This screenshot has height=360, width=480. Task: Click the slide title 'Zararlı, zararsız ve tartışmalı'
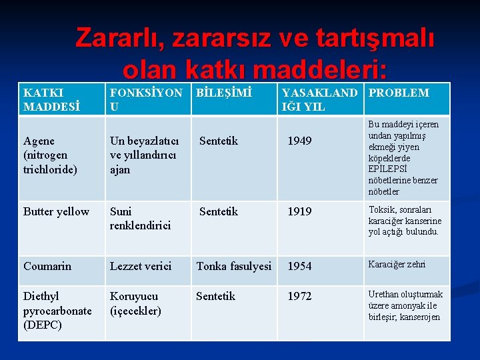tap(255, 38)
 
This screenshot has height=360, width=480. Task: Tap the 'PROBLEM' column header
tap(399, 93)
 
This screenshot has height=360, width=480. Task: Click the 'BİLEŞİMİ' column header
tap(224, 93)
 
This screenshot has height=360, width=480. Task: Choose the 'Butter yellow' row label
tap(56, 212)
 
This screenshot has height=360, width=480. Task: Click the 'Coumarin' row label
tap(47, 266)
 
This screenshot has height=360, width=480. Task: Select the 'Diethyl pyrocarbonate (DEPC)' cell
tap(57, 310)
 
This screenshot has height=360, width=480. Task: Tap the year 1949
tap(299, 141)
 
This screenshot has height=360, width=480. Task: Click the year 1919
tap(299, 212)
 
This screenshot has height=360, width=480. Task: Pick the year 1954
tap(299, 266)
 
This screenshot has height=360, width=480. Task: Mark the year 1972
tap(299, 296)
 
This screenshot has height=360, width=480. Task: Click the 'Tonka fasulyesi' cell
tap(233, 266)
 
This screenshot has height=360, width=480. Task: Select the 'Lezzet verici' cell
tap(140, 266)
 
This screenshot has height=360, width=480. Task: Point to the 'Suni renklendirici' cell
tap(140, 219)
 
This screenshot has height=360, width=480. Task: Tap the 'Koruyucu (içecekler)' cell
tap(135, 303)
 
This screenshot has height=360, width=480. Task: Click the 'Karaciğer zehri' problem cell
tap(397, 264)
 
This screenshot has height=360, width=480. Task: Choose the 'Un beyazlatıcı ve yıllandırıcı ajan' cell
tap(143, 155)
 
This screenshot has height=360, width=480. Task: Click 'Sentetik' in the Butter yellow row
tap(219, 212)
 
